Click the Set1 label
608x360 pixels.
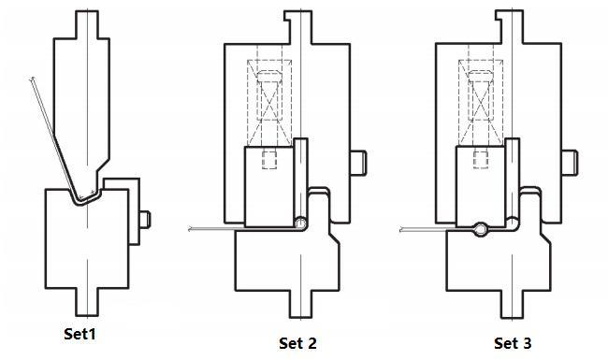(80, 334)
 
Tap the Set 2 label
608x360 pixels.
(297, 343)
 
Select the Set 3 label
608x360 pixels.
(513, 343)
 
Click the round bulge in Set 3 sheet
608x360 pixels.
(480, 229)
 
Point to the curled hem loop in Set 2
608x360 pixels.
(300, 223)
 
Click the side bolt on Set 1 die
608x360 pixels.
(145, 220)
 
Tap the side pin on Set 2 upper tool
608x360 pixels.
(358, 163)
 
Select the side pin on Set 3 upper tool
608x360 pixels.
(570, 163)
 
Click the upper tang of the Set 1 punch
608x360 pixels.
(87, 24)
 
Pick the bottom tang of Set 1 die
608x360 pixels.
(87, 302)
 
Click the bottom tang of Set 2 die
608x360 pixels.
(301, 304)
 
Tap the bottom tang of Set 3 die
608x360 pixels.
(513, 304)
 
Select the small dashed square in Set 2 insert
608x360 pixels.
(269, 160)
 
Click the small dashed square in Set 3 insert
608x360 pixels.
(481, 160)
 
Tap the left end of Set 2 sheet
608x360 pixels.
(189, 229)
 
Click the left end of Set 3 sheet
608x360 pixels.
(400, 229)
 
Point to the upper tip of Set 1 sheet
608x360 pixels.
(32, 79)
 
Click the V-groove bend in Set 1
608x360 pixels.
(79, 202)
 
